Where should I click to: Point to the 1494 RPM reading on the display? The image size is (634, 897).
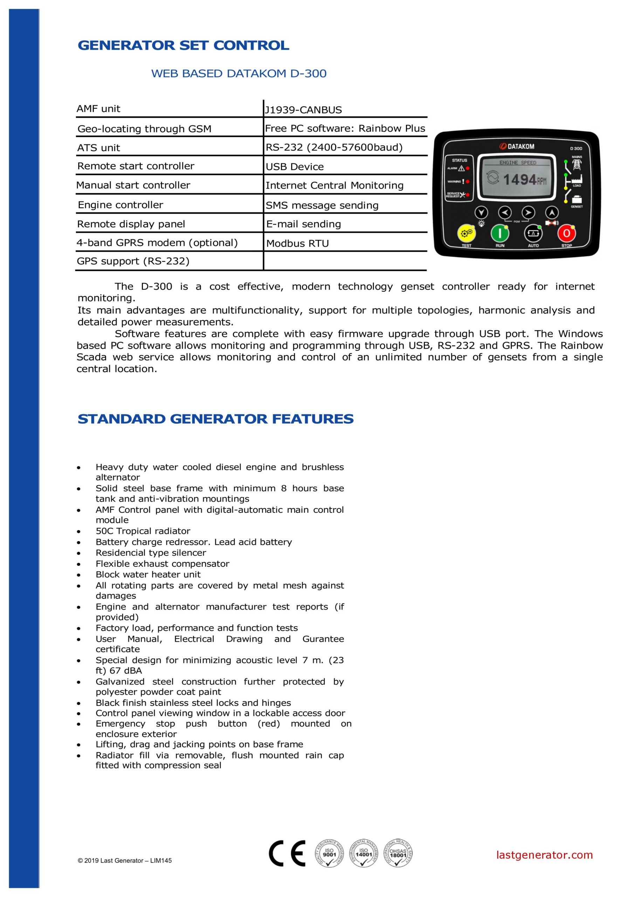pos(524,180)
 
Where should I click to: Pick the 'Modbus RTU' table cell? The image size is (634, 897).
pos(297,244)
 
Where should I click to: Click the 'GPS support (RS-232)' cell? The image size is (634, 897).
pos(133,261)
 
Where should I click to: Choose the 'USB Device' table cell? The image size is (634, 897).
pos(295,167)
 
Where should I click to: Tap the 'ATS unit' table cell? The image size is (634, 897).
pos(98,148)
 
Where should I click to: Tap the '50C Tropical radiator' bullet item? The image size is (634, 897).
pos(143,531)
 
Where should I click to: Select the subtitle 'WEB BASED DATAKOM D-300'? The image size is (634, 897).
pos(239,74)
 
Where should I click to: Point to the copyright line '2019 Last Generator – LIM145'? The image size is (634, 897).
pos(125,872)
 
